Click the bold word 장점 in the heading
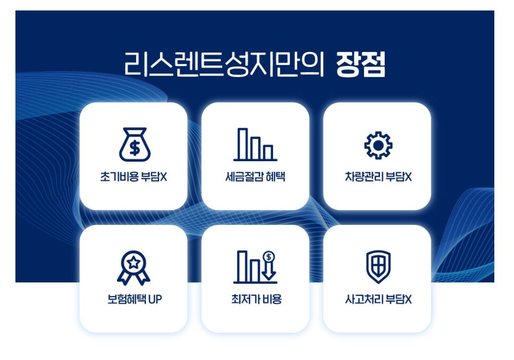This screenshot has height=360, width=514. [x=361, y=64]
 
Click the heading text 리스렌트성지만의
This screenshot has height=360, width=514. [x=224, y=64]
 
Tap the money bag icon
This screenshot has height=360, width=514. [x=135, y=145]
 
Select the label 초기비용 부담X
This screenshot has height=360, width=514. [x=134, y=177]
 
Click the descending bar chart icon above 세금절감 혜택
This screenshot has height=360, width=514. [x=255, y=145]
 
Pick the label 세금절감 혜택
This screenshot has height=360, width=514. [x=255, y=177]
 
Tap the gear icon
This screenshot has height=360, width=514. [x=378, y=145]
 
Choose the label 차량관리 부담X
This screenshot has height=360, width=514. [x=378, y=177]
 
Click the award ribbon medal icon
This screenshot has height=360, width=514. [x=134, y=267]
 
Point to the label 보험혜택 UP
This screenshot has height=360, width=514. [x=135, y=299]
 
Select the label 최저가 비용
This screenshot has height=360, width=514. [x=256, y=299]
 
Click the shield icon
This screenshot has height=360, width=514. [x=378, y=267]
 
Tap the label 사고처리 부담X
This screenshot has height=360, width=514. [x=378, y=299]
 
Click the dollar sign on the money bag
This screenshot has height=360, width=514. [x=135, y=148]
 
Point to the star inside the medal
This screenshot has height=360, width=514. [x=134, y=262]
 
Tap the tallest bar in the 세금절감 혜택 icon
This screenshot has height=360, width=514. [x=243, y=144]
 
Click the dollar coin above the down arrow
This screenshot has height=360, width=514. [x=269, y=256]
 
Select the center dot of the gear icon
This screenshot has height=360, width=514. [x=378, y=145]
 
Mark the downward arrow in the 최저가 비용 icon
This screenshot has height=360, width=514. [x=269, y=271]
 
